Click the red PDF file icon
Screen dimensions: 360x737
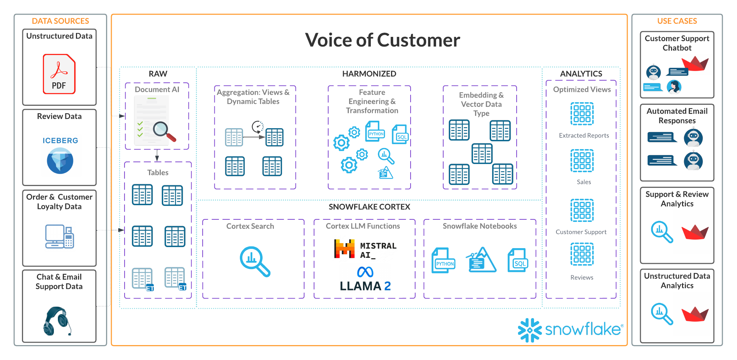59,74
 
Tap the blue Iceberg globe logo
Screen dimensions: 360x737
60,161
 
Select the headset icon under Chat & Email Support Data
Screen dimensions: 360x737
58,321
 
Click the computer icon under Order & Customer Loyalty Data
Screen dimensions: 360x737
59,236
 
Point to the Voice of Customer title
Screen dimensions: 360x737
383,40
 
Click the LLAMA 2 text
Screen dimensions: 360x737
365,286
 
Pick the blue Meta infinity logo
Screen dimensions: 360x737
365,272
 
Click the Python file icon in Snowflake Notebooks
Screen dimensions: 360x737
443,261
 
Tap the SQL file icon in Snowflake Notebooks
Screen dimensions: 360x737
518,261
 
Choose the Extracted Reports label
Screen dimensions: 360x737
584,136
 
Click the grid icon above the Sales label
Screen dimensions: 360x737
582,160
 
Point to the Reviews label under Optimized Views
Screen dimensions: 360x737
582,278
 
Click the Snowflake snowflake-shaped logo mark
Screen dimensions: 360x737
529,330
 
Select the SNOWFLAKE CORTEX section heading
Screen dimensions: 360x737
369,207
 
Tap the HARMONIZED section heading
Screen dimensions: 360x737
369,74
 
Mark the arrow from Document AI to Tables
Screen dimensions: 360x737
157,156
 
